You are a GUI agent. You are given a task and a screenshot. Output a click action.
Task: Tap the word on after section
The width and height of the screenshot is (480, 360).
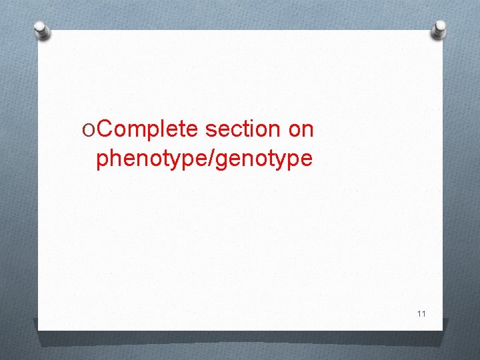(301, 129)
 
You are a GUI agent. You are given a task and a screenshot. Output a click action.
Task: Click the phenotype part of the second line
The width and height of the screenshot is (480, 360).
(153, 159)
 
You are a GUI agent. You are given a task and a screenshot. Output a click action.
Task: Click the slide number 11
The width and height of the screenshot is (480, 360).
(421, 313)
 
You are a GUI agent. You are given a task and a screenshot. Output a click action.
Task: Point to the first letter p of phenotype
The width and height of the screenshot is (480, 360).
(102, 160)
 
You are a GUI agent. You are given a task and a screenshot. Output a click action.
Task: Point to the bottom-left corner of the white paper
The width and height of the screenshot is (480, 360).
(39, 329)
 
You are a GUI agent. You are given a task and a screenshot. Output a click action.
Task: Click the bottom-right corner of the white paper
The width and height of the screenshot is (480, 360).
(443, 329)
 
